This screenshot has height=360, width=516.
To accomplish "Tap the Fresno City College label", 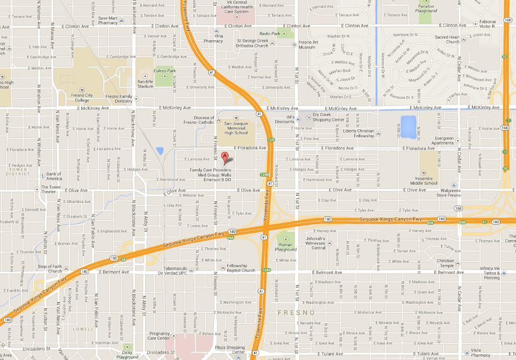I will click(82, 98).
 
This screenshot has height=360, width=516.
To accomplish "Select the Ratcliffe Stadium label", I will click(145, 84).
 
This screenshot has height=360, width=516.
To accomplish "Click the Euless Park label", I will click(165, 71).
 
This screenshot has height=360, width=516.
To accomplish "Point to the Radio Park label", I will click(269, 34).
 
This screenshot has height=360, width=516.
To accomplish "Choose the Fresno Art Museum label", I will click(307, 44).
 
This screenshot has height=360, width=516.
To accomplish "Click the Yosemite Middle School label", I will click(424, 180).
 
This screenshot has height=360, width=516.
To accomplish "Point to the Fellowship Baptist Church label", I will click(241, 268).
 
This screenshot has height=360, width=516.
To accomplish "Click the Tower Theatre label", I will click(52, 190).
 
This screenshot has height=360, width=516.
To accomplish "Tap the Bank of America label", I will click(54, 177).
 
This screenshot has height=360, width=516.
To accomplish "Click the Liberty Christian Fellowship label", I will click(358, 133).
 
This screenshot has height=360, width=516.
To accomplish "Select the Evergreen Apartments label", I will click(444, 140).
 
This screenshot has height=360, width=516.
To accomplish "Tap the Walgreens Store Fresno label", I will click(448, 193).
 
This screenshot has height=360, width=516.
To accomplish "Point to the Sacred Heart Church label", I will click(447, 39).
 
